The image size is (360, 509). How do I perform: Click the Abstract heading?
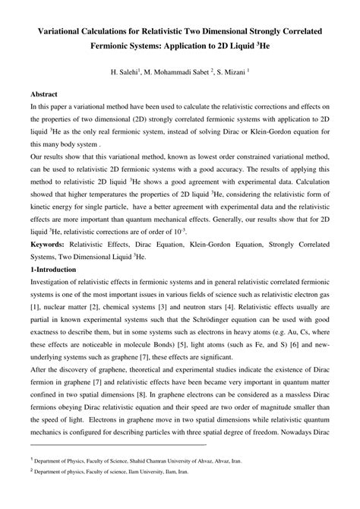45,95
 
